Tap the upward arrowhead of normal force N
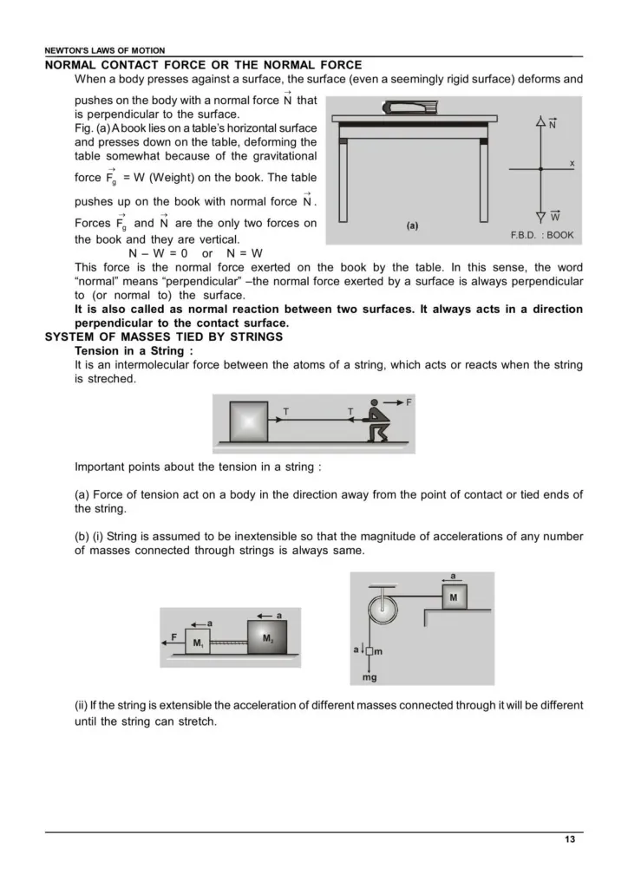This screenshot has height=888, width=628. pos(540,120)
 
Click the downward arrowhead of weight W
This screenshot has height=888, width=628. pos(540,215)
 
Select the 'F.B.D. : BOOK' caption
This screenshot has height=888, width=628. pos(542,235)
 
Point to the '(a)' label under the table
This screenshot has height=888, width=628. pos(413,226)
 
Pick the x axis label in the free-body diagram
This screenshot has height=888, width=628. pos(572,163)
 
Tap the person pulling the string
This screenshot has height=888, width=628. pos(376,422)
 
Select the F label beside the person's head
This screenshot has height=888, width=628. pos(409,402)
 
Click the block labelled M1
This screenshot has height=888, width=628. pos(198,644)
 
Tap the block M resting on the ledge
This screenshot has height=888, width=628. pos(453,597)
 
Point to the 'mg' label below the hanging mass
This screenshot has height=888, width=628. pos(369,677)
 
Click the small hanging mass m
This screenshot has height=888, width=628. pos(369,650)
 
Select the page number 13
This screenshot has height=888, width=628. pos(569,839)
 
